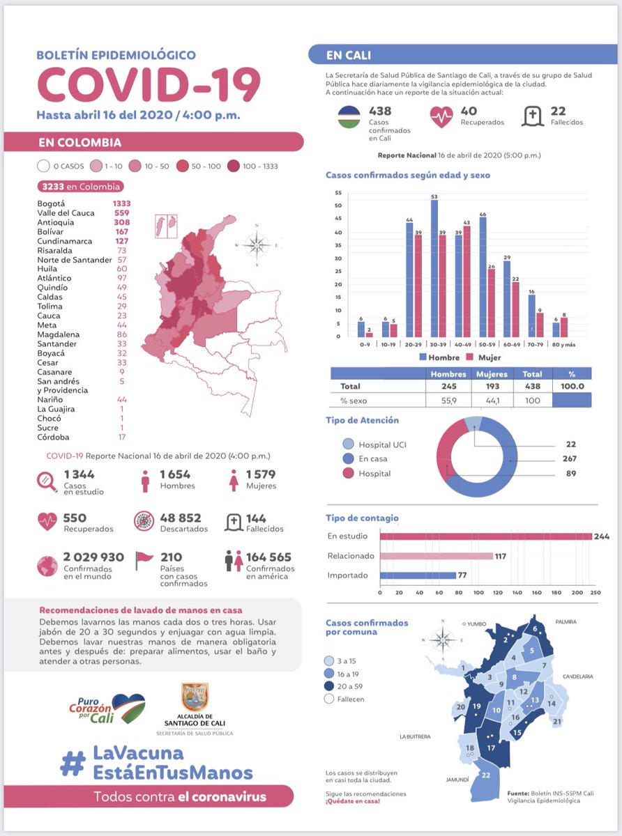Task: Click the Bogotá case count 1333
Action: coord(121,203)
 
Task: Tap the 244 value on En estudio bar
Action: coord(602,536)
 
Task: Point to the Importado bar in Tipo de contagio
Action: coord(418,575)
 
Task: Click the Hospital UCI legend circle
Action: coord(348,444)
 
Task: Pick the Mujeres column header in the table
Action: coord(492,373)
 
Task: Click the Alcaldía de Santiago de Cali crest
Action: coord(195,697)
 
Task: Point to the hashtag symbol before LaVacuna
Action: coord(73,763)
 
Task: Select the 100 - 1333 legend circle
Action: coord(233,166)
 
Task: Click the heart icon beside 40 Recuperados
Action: coord(441,116)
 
